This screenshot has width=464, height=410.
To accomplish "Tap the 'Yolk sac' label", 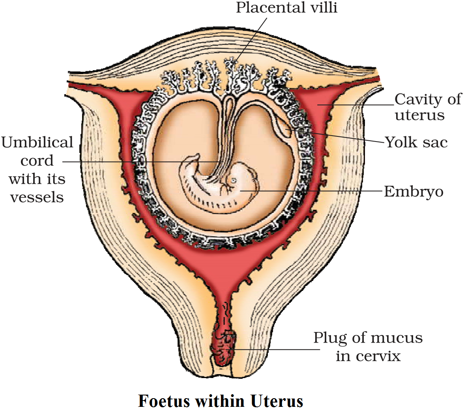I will pos(416,142).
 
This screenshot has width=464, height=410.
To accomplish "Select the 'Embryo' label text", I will pos(413,192).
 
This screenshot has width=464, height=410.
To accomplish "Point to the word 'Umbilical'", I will pos(37,142).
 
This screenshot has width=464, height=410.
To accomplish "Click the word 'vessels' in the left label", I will pos(37,197).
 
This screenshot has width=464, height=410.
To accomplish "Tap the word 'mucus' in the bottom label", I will pos(397,338).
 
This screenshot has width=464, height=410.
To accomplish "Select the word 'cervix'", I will pos(379,356).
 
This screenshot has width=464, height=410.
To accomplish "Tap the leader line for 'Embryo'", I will pos(316,191).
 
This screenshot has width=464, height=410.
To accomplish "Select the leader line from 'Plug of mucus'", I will pos(276,349).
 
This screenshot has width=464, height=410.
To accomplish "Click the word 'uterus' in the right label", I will pos(419,116).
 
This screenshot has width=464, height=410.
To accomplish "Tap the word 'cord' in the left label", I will pos(37,160).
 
